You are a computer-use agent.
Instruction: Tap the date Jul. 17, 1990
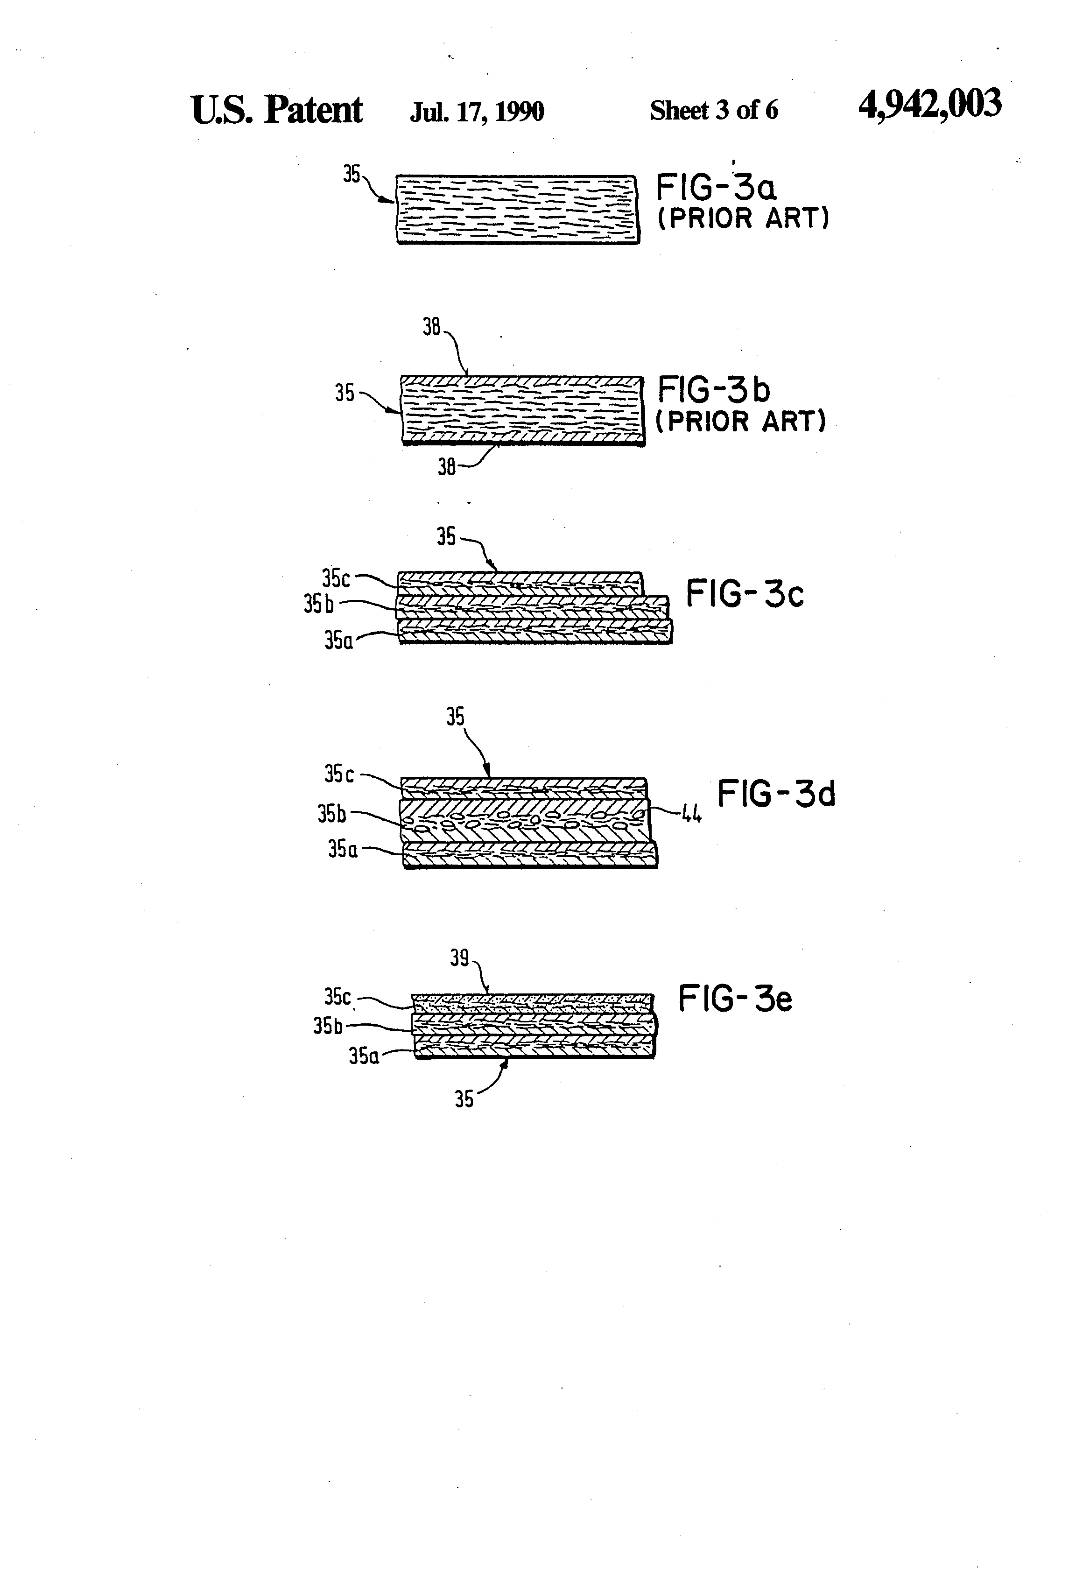477,111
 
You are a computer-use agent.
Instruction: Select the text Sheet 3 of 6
713,110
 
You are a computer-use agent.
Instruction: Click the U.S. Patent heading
276,110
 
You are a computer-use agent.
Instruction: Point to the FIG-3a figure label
716,187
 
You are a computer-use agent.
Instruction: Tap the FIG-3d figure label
776,794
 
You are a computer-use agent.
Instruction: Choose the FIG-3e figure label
735,999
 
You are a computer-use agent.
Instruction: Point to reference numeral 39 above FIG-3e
459,958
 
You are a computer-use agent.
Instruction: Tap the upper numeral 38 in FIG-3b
431,327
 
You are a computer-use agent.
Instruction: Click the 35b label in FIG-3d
331,814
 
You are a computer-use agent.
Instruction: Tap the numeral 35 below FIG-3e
464,1099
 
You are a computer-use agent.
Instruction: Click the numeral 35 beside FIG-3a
351,175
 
